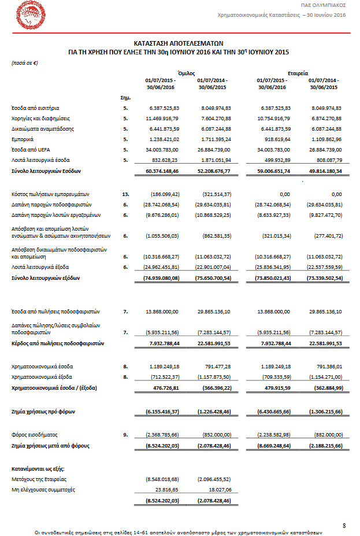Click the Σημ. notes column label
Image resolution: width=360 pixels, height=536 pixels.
(124, 97)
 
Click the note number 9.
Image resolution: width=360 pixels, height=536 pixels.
(125, 434)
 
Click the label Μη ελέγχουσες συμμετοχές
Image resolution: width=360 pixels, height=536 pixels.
(44, 489)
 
